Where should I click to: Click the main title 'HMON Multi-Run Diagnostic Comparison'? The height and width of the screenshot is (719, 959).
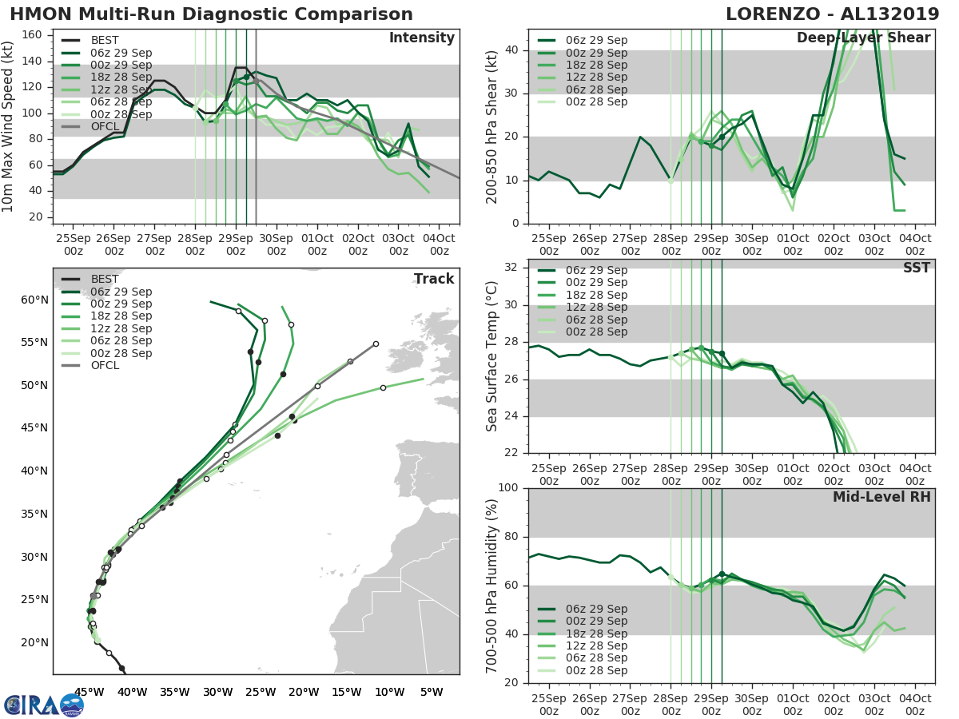coord(211,14)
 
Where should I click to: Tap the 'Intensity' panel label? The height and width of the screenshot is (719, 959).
coord(422,38)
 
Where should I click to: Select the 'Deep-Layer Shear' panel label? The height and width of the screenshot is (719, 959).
coord(863,38)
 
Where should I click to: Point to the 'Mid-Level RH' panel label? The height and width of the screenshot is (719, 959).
coord(881,498)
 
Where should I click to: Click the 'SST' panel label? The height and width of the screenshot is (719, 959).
coord(917,268)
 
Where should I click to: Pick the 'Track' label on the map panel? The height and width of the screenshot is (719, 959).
coord(434,279)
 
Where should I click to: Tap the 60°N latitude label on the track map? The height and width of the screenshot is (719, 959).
coord(34,300)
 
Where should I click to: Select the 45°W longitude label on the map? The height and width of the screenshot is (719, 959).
coord(89,692)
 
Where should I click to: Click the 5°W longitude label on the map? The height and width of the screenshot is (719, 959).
coord(431,692)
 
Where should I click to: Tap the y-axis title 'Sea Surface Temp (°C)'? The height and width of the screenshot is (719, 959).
coord(492,356)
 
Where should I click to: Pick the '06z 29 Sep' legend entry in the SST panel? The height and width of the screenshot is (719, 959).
coord(596,270)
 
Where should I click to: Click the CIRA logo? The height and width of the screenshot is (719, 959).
coord(44,705)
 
